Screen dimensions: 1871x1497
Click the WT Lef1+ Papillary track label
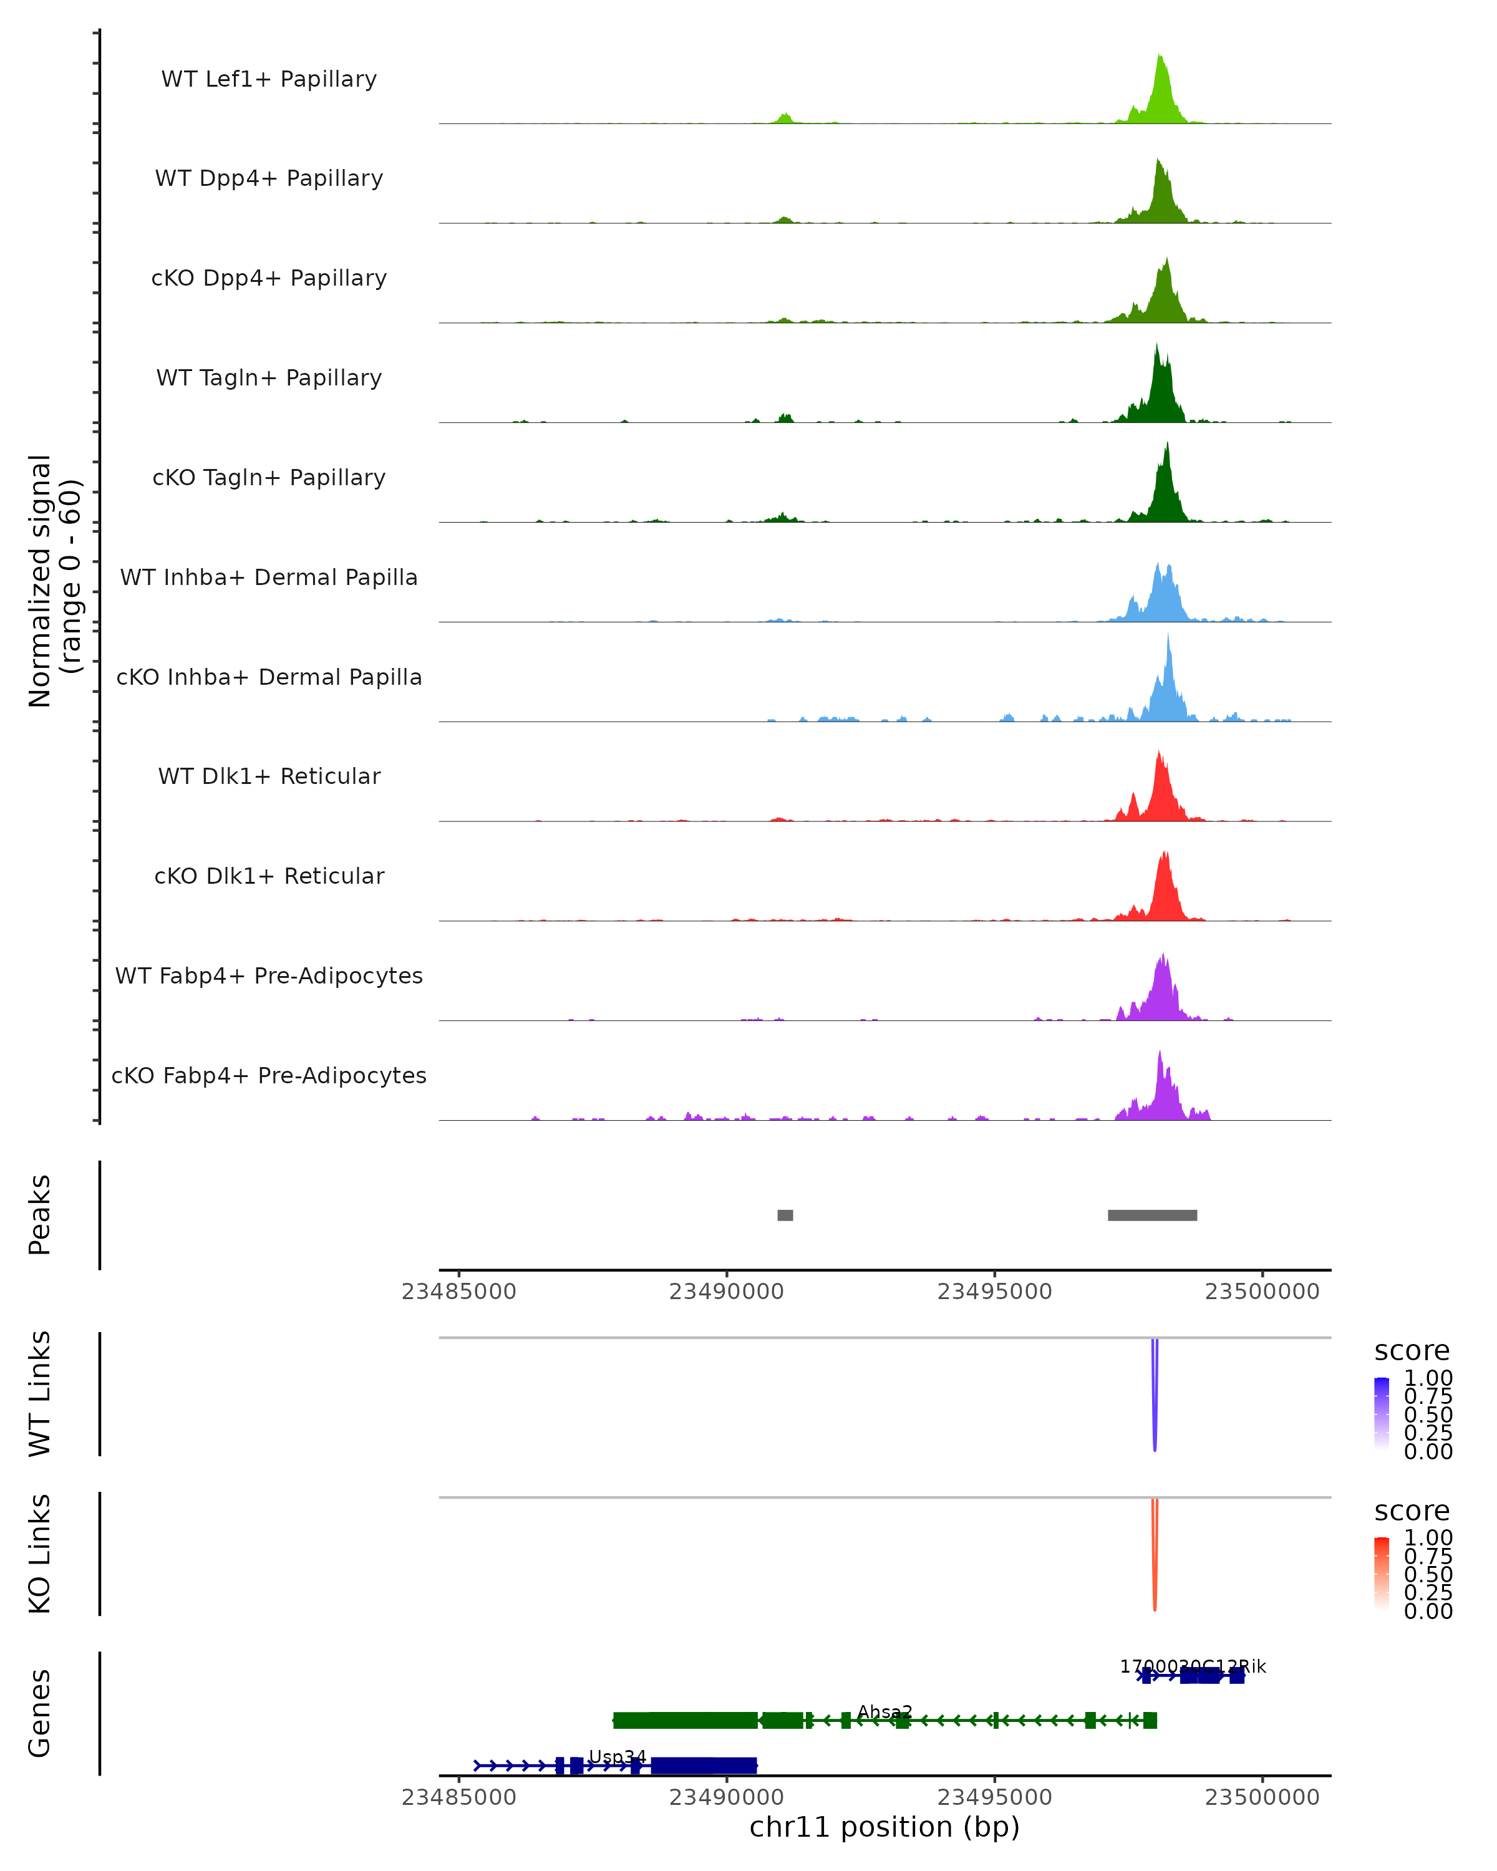coord(269,79)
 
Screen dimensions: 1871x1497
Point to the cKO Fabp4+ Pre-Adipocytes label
coord(269,1075)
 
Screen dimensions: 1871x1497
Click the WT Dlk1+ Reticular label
coord(269,776)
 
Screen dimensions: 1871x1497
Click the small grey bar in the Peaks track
coord(785,1215)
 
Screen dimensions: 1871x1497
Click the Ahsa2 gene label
coord(884,1712)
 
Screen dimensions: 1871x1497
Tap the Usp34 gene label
coord(617,1757)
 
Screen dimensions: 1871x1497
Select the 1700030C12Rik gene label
coord(1193,1666)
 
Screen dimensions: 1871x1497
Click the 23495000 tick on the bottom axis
coord(994,1796)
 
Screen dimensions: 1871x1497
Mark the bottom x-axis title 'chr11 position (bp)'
coord(884,1827)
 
